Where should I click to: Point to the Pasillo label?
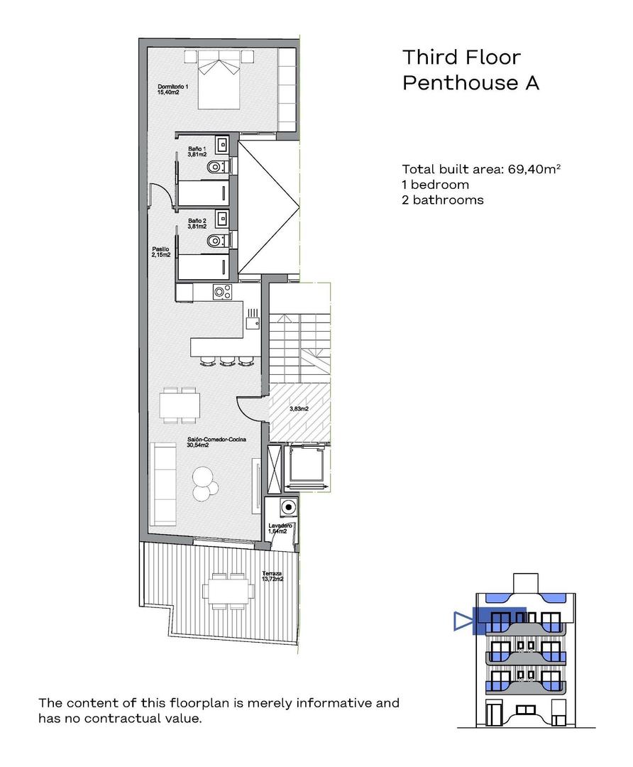pyautogui.click(x=161, y=251)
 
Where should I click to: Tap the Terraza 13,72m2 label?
pyautogui.click(x=272, y=576)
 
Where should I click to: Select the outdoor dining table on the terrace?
pyautogui.click(x=227, y=591)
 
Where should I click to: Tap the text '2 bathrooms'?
pyautogui.click(x=442, y=200)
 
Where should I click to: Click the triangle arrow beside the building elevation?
pyautogui.click(x=463, y=622)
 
